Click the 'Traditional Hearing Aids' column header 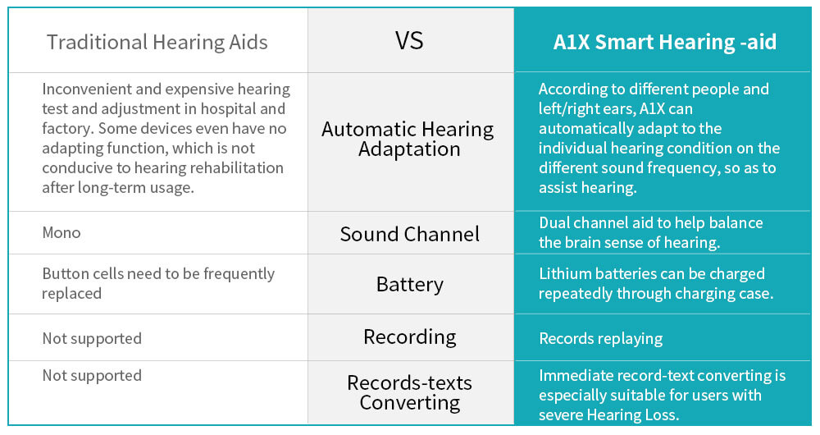click(x=157, y=43)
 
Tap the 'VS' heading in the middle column click(x=409, y=41)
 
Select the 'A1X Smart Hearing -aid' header click(x=665, y=42)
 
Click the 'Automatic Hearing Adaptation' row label click(x=408, y=139)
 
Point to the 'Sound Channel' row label click(x=409, y=234)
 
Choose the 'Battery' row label click(x=409, y=284)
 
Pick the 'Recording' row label click(x=409, y=337)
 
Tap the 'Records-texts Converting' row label click(x=409, y=392)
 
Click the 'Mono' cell click(x=61, y=232)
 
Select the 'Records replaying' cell click(x=601, y=339)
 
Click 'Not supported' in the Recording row click(x=92, y=339)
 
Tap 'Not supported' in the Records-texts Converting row click(x=92, y=375)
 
